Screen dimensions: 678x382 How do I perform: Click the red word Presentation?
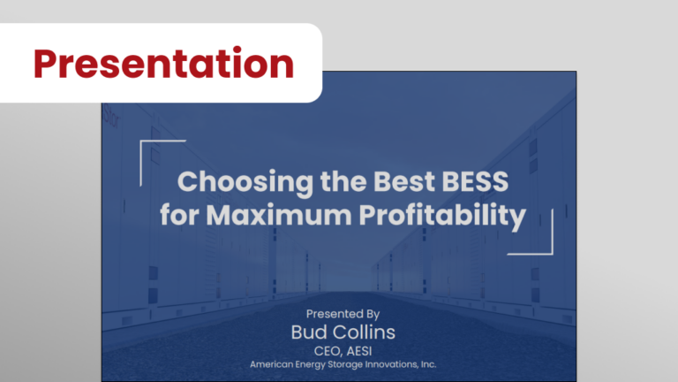(x=163, y=64)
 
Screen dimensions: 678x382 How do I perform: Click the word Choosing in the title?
(x=245, y=182)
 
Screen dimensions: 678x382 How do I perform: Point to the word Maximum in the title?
(x=279, y=215)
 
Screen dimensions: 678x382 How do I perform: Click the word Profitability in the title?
(x=442, y=216)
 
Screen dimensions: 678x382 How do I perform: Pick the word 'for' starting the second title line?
(x=179, y=215)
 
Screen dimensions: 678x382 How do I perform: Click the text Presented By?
(x=343, y=314)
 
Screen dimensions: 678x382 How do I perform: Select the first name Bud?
(x=306, y=332)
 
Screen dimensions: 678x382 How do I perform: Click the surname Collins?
(x=361, y=332)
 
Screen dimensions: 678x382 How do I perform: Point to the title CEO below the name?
(x=327, y=351)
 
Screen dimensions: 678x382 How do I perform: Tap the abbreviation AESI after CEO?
(x=359, y=351)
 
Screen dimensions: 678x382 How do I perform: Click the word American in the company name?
(x=271, y=364)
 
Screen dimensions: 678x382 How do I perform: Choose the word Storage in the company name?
(x=344, y=364)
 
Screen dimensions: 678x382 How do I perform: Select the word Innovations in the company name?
(x=391, y=364)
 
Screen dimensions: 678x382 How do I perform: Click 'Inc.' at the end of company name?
(x=428, y=364)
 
